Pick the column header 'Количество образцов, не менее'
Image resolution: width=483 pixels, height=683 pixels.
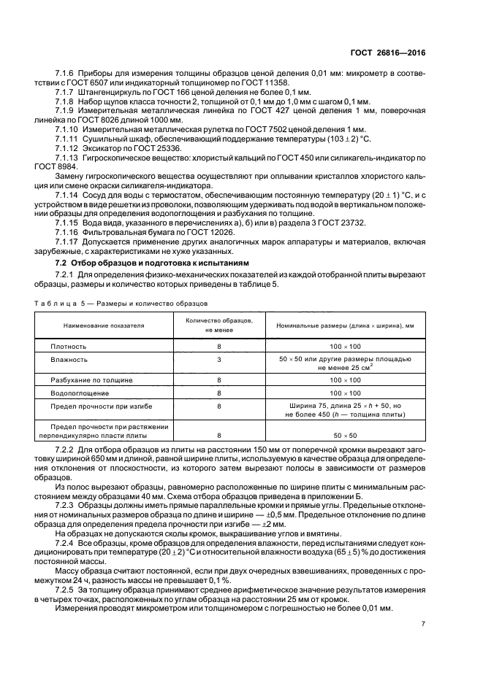[218, 325]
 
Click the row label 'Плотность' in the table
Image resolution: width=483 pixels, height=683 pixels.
[69, 347]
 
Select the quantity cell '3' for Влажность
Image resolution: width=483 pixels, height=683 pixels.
[218, 360]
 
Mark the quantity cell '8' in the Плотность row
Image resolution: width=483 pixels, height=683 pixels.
[218, 347]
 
